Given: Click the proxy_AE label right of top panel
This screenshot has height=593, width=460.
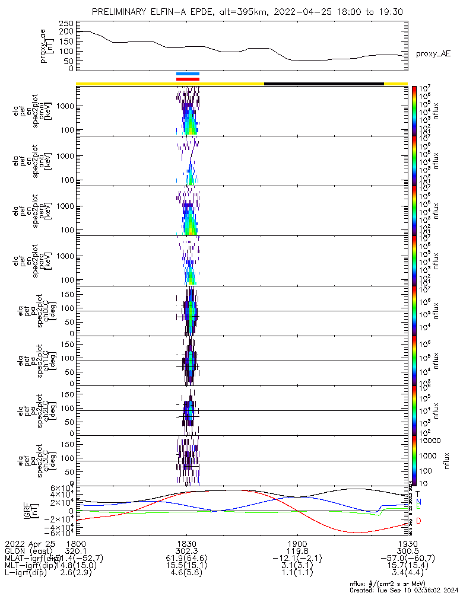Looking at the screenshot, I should tap(433, 54).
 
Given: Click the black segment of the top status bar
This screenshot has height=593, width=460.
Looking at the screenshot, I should tap(323, 84).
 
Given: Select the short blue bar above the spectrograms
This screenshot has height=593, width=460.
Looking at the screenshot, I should tap(188, 74).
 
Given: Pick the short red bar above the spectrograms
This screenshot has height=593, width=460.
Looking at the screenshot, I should tap(188, 78).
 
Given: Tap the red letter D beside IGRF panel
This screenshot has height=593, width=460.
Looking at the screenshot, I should tap(418, 521).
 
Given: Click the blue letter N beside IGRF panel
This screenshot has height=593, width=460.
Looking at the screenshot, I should tap(418, 502).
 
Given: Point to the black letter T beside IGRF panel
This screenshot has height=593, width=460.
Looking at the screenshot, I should tap(418, 493).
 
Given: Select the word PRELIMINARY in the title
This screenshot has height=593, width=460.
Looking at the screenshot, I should tap(122, 12).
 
